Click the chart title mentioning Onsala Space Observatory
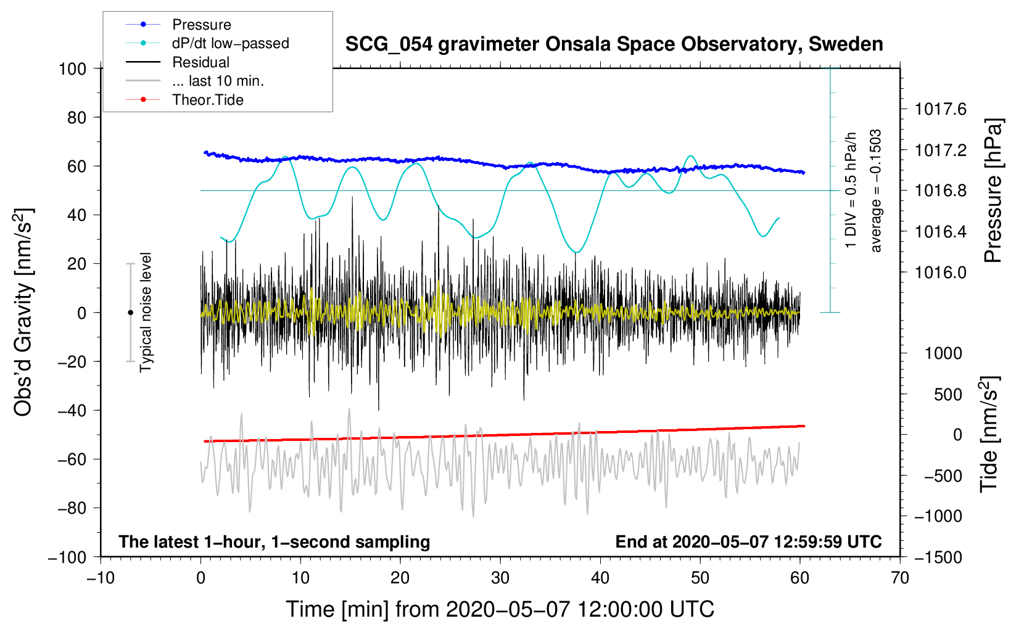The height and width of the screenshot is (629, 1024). (614, 44)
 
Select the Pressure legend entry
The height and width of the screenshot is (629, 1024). (201, 25)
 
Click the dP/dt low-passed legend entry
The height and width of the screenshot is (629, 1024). (230, 43)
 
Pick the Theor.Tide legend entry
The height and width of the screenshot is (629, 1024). (207, 100)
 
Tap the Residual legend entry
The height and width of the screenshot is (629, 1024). (200, 62)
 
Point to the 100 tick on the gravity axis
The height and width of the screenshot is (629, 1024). (72, 68)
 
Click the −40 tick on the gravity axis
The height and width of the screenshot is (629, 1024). (72, 411)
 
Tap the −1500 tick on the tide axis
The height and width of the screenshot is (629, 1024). (938, 557)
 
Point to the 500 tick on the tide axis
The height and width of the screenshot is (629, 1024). (948, 395)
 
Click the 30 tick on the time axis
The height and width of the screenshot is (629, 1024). (500, 578)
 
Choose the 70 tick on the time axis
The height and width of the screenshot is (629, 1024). (900, 578)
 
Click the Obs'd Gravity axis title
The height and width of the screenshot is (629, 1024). (23, 312)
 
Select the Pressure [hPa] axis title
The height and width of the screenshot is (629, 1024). (993, 191)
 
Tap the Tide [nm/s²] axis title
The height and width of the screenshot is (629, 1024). (989, 434)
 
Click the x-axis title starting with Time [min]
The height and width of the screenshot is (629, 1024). (500, 609)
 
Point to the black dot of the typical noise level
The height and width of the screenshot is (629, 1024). (130, 313)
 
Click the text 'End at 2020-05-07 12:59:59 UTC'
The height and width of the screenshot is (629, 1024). (748, 542)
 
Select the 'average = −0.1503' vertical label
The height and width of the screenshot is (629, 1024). (876, 191)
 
